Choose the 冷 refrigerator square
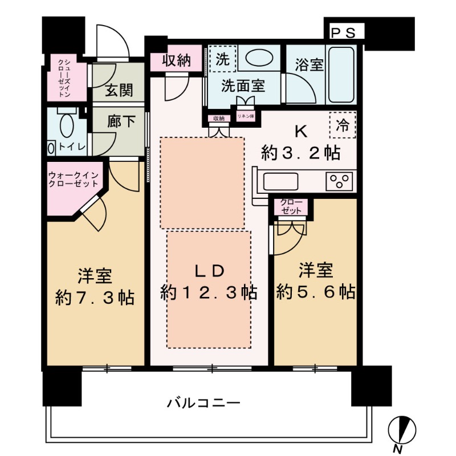click(343, 125)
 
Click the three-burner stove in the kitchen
click(340, 182)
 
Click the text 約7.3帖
click(95, 298)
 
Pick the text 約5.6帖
click(316, 293)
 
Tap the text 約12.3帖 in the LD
click(209, 293)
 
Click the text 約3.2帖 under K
click(301, 153)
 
